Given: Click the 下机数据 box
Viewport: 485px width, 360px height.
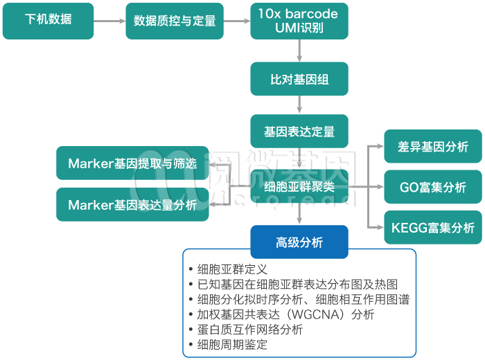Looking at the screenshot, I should tap(48, 20).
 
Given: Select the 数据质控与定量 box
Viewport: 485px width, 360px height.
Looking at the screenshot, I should tap(171, 21).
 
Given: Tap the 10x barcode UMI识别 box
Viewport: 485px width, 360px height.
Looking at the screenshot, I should tap(299, 21).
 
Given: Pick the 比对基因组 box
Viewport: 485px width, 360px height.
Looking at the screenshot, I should tap(299, 79).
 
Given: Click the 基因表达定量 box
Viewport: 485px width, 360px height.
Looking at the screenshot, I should tap(299, 130).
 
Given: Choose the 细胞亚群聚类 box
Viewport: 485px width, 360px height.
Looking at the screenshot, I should tap(299, 186).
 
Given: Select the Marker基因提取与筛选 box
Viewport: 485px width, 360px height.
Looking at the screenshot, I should tap(132, 163).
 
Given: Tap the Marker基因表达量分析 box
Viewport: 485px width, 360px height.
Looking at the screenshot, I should tap(132, 205).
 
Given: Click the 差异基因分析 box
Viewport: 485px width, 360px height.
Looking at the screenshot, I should tap(433, 147).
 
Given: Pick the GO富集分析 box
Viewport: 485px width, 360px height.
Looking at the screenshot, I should tap(433, 187).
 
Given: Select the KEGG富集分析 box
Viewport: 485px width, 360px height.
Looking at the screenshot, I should tap(433, 228).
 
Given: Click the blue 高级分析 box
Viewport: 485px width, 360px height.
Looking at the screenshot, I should tap(299, 242).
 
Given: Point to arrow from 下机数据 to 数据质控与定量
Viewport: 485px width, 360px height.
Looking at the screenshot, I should tap(109, 21).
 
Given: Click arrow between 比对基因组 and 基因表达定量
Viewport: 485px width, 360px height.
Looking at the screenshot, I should tap(299, 105).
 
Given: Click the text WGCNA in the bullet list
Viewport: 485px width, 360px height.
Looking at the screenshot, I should tap(310, 314).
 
